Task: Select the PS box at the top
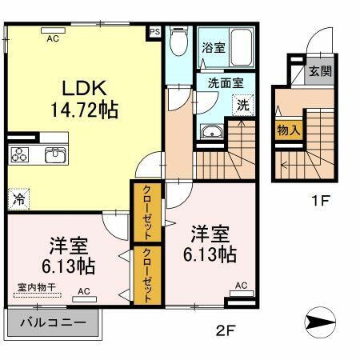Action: tap(154, 33)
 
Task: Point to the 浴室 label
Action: tap(213, 47)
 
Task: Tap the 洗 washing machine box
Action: tap(240, 103)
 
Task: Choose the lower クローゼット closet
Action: tap(148, 272)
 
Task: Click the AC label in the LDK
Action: tap(53, 37)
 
